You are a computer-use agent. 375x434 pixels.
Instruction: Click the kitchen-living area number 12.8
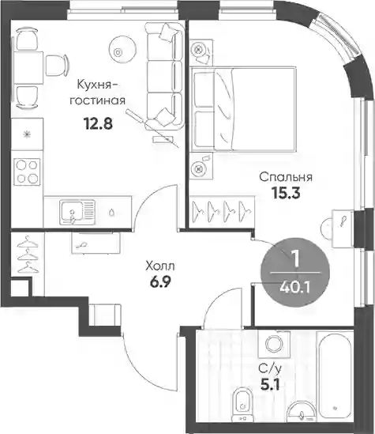(98, 123)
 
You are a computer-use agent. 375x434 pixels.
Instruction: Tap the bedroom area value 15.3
(286, 193)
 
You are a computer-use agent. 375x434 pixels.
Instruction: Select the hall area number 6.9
(160, 282)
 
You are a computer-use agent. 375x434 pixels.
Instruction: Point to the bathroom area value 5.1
(270, 384)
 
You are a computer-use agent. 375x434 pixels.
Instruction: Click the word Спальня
(286, 177)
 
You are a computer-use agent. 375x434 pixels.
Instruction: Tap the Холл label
(160, 266)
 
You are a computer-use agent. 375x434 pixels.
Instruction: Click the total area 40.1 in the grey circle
(294, 288)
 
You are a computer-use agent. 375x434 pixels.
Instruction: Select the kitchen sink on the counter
(77, 213)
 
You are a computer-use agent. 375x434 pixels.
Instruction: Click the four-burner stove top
(27, 172)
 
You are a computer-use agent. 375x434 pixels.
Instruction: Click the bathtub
(335, 376)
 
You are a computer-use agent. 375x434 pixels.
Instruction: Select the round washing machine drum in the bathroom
(274, 344)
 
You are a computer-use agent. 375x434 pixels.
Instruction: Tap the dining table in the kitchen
(28, 68)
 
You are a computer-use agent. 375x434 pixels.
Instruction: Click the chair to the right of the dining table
(57, 66)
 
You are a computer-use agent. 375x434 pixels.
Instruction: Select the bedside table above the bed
(201, 52)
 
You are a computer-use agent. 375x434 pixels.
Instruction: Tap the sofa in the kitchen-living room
(165, 76)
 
